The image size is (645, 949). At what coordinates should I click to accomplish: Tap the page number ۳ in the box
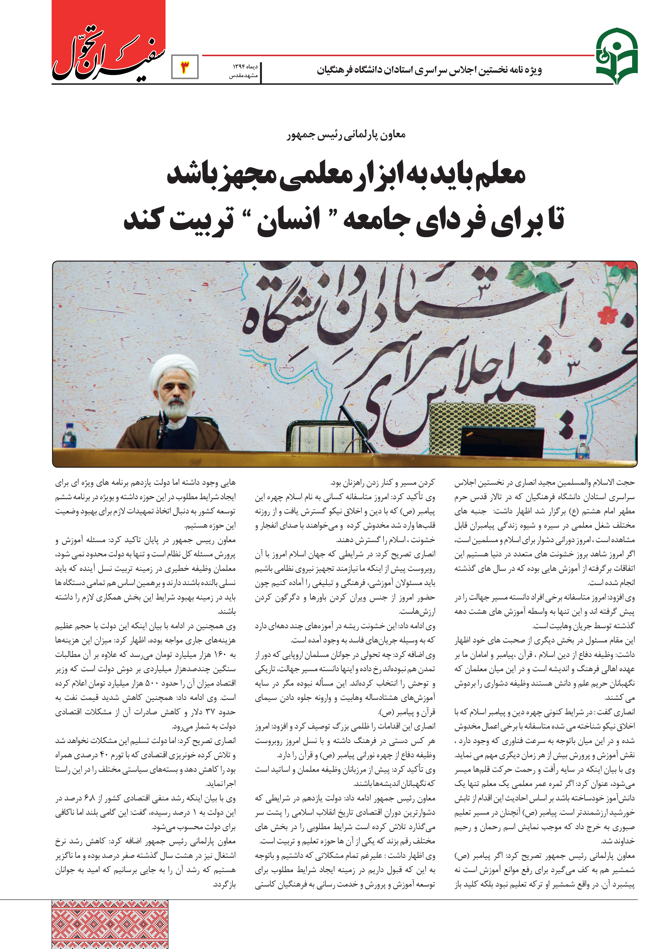(185, 67)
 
